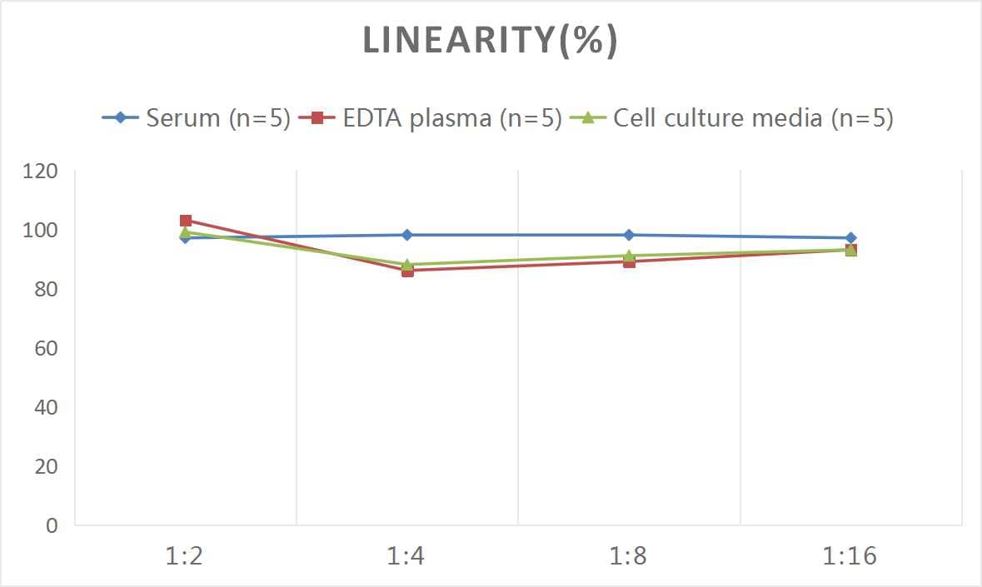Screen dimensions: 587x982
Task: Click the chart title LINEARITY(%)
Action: point(490,40)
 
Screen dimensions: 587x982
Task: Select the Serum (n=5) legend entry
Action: point(197,117)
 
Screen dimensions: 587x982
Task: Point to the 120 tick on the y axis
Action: point(41,172)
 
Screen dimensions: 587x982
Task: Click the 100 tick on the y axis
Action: point(41,231)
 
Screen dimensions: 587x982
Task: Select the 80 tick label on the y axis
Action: point(45,290)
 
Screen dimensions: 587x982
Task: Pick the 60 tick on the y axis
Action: point(45,349)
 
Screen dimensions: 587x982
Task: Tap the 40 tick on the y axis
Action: point(45,408)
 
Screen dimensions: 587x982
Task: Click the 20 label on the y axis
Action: point(45,467)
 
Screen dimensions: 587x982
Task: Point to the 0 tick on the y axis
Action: point(52,526)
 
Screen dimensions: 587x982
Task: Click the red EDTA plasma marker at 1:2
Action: point(186,221)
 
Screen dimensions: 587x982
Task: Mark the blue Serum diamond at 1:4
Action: point(407,235)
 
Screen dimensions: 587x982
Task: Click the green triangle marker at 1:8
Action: point(629,256)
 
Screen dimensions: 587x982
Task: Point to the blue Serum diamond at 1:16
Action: point(850,238)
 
